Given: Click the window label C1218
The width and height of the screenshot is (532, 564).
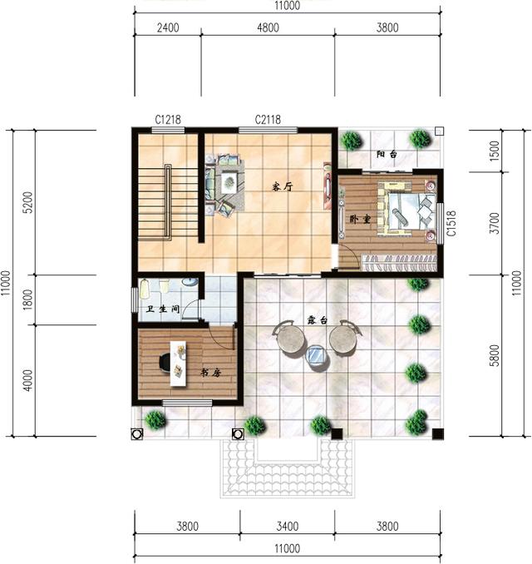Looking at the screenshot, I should (x=168, y=120).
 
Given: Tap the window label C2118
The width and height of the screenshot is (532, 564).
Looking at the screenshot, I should (x=268, y=120).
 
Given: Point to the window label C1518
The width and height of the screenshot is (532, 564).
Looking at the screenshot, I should (x=451, y=223).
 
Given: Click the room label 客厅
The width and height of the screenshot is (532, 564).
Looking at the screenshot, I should (x=283, y=186).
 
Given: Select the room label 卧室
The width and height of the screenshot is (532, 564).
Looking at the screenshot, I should (x=359, y=219).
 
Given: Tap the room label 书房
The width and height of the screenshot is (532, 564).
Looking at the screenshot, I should (x=209, y=373).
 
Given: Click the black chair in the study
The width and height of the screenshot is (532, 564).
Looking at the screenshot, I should (x=164, y=363).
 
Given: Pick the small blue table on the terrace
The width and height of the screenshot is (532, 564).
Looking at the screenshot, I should (x=317, y=357).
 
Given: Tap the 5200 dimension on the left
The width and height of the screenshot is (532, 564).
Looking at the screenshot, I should (x=27, y=202).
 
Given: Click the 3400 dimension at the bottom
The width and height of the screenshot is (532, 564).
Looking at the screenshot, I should (x=287, y=526).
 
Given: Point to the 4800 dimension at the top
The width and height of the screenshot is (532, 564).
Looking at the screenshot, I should (x=267, y=27).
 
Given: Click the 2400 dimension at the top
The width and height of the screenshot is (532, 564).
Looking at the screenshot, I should (x=167, y=27).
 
